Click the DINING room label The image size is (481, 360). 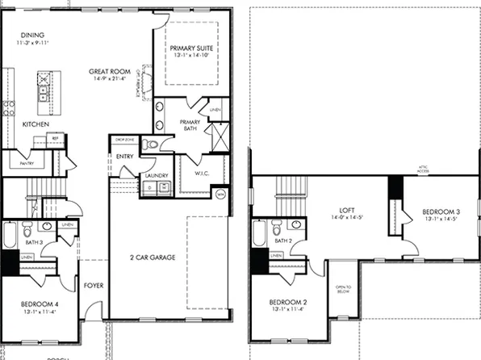pos(31,36)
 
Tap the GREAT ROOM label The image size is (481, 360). pos(111,72)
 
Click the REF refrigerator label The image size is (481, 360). pos(56,139)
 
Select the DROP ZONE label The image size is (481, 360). pos(124,140)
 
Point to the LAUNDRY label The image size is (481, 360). pos(155,175)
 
